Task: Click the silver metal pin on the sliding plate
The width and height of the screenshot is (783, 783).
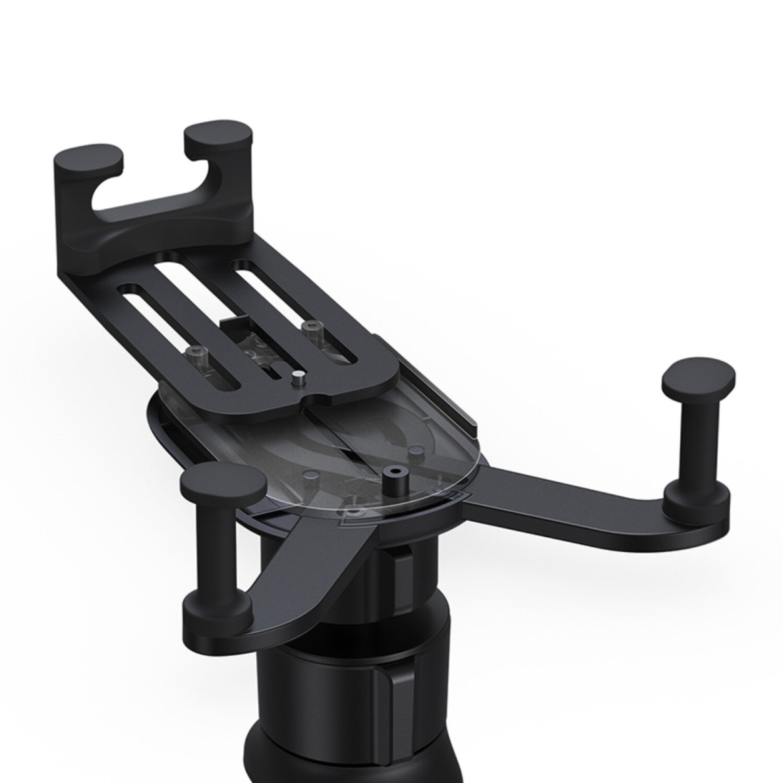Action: [297, 380]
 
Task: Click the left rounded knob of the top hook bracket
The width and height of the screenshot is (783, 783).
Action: [88, 156]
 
